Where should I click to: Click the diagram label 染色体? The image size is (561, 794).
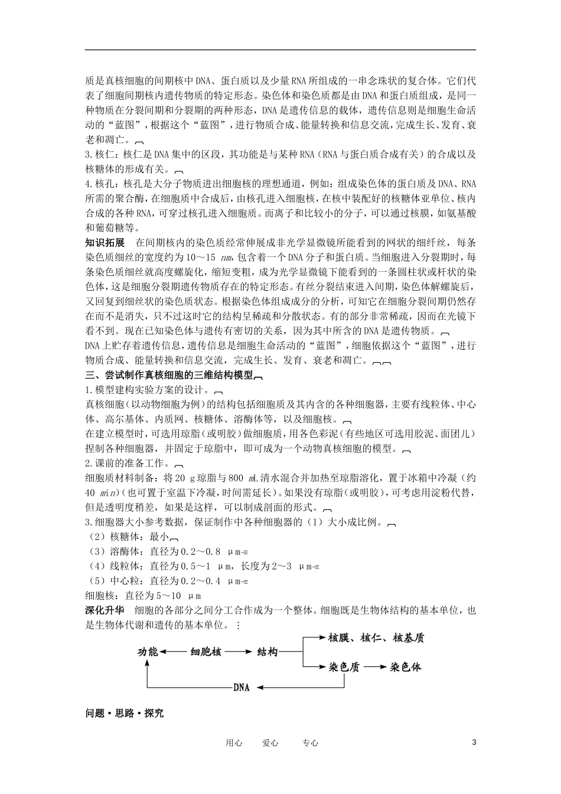click(406, 667)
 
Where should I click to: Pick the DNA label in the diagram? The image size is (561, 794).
click(242, 688)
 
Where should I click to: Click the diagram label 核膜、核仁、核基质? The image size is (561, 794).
click(376, 637)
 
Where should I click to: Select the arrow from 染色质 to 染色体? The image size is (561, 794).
click(374, 667)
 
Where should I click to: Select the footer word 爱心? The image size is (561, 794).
click(270, 743)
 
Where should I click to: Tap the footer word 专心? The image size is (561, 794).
click(310, 743)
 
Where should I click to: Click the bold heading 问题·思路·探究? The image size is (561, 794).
click(125, 712)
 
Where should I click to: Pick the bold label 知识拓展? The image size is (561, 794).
click(105, 243)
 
